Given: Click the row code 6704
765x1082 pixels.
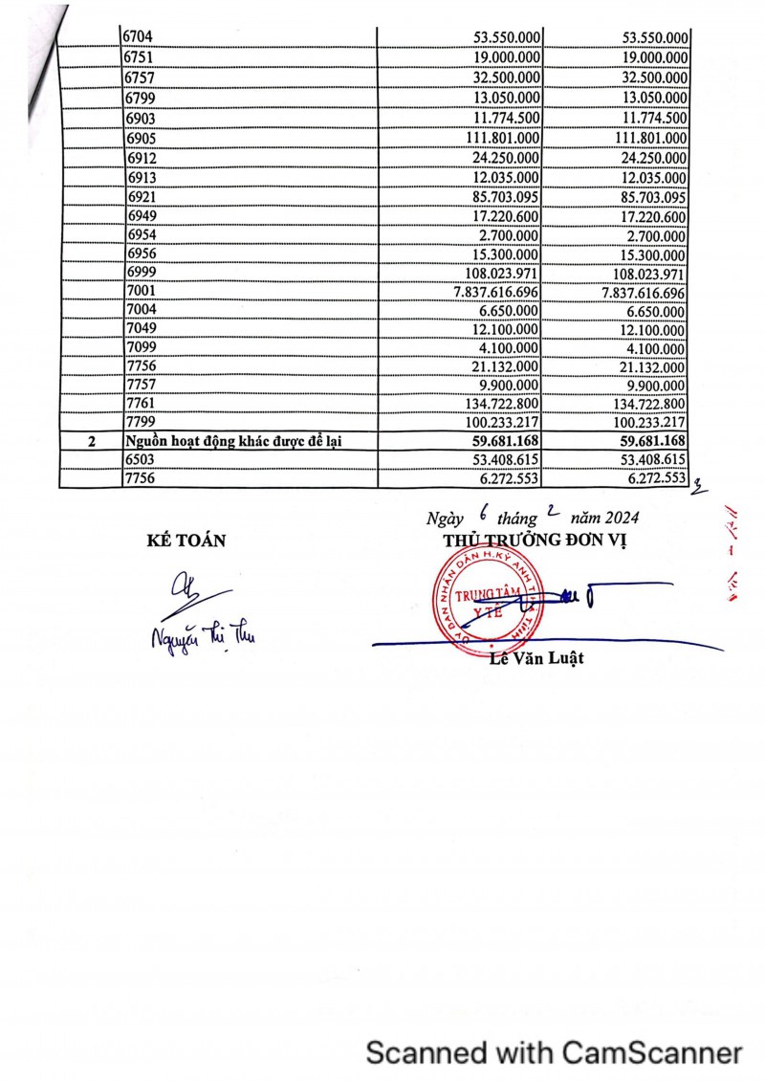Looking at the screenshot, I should [x=140, y=37].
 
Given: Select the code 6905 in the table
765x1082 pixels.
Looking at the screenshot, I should [x=140, y=139].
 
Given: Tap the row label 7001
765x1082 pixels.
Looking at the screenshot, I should [x=140, y=291].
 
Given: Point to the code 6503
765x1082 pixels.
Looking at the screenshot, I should [x=140, y=461].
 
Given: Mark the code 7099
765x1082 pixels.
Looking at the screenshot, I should [x=140, y=348].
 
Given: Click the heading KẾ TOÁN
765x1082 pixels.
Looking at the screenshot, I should [x=186, y=541].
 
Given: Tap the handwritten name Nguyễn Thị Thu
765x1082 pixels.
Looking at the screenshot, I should [x=202, y=634].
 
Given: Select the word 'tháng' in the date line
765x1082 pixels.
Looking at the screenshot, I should [x=517, y=519].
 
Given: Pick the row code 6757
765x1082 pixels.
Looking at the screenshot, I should [x=140, y=78].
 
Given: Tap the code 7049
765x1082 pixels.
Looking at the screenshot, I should [x=140, y=330].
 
